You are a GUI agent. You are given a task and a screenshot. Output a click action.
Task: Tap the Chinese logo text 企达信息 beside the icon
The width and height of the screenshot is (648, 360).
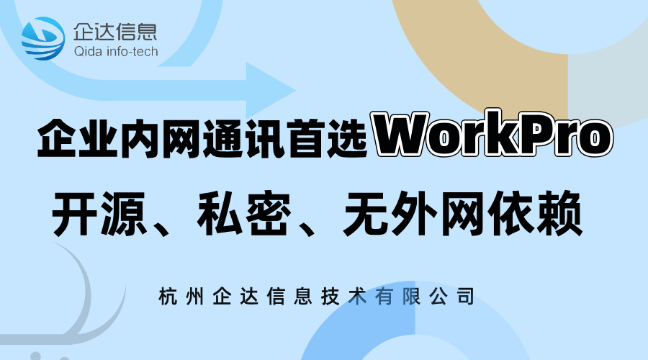[115, 32]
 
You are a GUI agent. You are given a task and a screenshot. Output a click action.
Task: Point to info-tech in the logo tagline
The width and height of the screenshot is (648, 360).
[132, 52]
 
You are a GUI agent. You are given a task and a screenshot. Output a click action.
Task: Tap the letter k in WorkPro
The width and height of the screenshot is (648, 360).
[505, 136]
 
